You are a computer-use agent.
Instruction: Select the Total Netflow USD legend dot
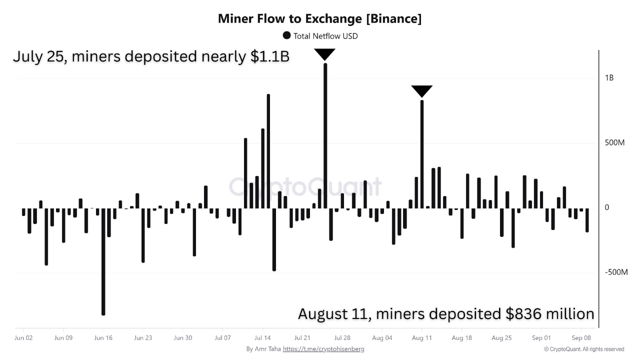[286, 35]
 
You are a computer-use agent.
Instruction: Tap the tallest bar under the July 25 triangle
[325, 135]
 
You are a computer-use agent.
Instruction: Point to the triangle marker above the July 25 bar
[325, 54]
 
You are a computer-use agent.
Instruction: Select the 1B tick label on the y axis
[609, 78]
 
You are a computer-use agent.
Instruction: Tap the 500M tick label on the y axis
[614, 143]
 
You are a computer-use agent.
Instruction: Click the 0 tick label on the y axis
[607, 207]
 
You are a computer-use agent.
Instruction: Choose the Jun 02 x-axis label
[23, 337]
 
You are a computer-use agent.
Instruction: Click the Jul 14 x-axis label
[262, 337]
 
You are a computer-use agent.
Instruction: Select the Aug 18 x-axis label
[461, 337]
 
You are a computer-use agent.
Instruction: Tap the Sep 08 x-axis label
[581, 337]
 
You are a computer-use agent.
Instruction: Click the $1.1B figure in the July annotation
[269, 56]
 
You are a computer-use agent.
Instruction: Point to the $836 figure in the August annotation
[520, 314]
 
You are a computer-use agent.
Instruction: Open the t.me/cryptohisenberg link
[323, 349]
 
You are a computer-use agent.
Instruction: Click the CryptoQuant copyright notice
[583, 349]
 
